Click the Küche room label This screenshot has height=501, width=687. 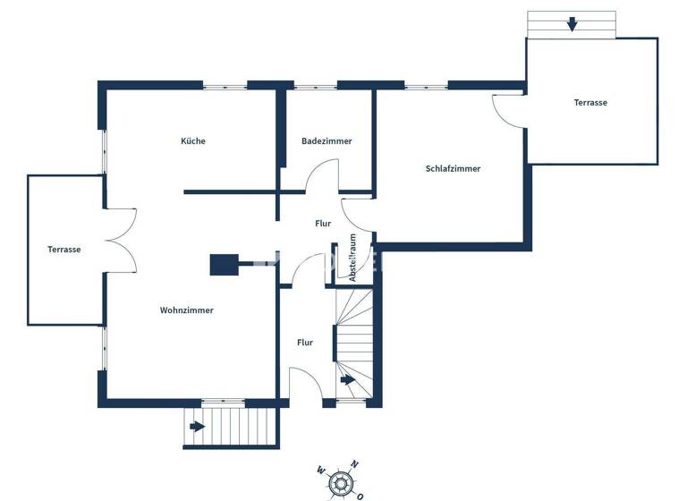click(193, 141)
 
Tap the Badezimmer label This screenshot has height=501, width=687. click(327, 141)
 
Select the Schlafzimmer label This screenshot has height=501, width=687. click(454, 168)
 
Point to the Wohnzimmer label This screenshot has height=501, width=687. click(187, 310)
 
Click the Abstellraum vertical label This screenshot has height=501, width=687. click(353, 259)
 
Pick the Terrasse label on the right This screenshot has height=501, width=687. click(590, 103)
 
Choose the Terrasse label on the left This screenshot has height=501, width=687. click(64, 250)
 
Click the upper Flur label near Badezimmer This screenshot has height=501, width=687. click(324, 224)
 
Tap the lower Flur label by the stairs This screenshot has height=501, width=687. click(305, 342)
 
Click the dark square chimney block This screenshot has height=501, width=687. click(223, 265)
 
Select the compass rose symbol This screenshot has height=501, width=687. click(340, 483)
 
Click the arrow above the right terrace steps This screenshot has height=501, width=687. click(572, 24)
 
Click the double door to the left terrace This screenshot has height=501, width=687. click(121, 239)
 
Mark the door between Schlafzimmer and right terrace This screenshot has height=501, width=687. click(507, 109)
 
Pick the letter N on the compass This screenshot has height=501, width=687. click(355, 464)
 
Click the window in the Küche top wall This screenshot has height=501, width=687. click(225, 86)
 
